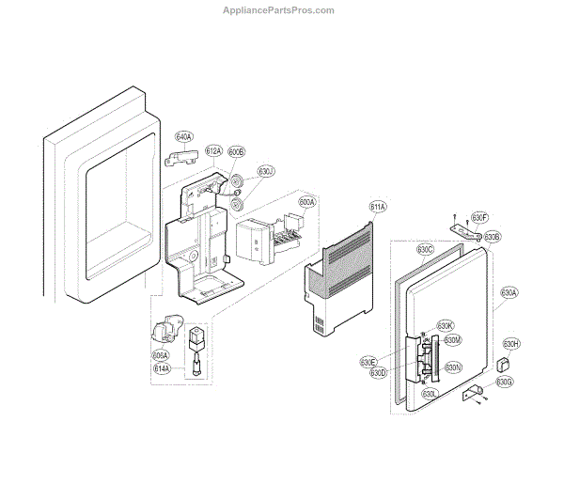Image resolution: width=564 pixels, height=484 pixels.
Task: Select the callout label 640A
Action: pyautogui.click(x=183, y=137)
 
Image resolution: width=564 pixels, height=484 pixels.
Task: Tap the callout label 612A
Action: pyautogui.click(x=213, y=151)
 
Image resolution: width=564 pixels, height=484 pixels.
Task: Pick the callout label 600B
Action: pyautogui.click(x=236, y=151)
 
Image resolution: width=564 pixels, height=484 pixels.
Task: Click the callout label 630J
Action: pyautogui.click(x=267, y=171)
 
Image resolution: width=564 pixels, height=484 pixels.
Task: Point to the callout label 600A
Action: pyautogui.click(x=307, y=202)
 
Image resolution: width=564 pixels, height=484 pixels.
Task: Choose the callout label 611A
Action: pyautogui.click(x=378, y=206)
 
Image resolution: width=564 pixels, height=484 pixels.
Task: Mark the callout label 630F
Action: pyautogui.click(x=478, y=218)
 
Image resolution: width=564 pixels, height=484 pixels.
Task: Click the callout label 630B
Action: pyautogui.click(x=492, y=237)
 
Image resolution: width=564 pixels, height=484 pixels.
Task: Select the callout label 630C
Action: pyautogui.click(x=425, y=250)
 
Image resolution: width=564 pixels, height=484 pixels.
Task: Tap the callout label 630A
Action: pyautogui.click(x=509, y=292)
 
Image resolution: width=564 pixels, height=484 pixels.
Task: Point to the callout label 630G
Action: pyautogui.click(x=505, y=382)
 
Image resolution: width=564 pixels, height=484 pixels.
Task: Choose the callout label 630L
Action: pyautogui.click(x=430, y=394)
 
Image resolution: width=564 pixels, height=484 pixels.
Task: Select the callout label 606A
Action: pyautogui.click(x=160, y=355)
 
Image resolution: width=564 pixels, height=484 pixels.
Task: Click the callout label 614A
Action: pyautogui.click(x=162, y=368)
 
